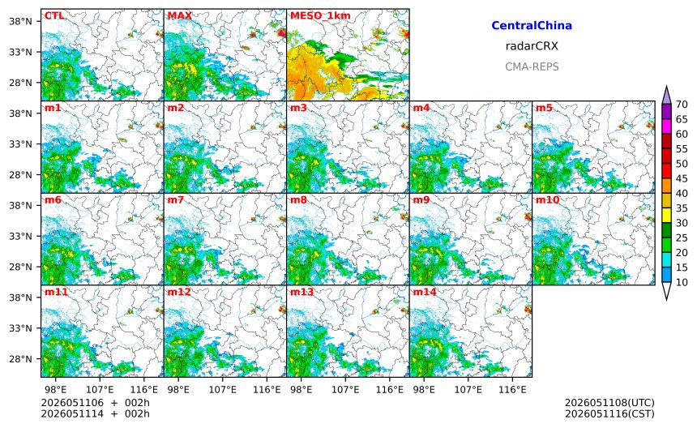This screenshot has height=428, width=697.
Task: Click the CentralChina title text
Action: [x=532, y=25]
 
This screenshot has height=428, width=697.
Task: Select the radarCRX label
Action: [x=532, y=46]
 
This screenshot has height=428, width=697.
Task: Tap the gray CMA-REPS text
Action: [x=532, y=66]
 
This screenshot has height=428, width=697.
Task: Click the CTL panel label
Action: [x=53, y=16]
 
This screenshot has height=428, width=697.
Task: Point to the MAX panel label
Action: [x=180, y=16]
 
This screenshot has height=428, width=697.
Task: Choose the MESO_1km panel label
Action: [x=320, y=16]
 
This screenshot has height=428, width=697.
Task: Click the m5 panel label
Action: [x=544, y=108]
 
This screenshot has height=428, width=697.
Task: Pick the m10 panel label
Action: [x=547, y=200]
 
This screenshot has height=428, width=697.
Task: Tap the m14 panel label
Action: [x=425, y=292]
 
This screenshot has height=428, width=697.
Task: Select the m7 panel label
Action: [x=176, y=200]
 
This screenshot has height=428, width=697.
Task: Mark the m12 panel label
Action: [x=178, y=292]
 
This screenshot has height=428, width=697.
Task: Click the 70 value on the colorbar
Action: [x=682, y=105]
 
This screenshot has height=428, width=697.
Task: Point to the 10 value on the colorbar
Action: [x=682, y=282]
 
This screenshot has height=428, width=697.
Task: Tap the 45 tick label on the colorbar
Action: [x=682, y=178]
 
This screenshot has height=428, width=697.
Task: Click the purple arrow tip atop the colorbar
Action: [x=666, y=87]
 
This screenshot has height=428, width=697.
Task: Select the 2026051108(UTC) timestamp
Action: [x=609, y=403]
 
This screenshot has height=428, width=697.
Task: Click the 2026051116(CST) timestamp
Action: [x=609, y=413]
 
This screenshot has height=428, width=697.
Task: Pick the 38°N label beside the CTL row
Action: [x=21, y=21]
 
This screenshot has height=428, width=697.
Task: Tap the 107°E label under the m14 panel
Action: [x=468, y=390]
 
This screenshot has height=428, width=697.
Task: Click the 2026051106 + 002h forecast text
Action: [x=95, y=403]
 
